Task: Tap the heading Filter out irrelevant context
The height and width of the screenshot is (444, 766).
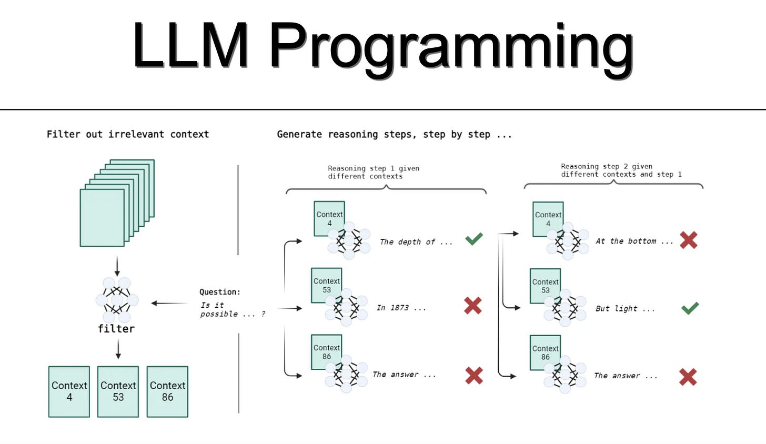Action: click(x=127, y=134)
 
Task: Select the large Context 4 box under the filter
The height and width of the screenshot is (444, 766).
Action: click(x=69, y=391)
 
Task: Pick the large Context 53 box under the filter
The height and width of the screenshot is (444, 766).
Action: click(x=118, y=391)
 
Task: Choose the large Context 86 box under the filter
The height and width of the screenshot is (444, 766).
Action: click(x=167, y=391)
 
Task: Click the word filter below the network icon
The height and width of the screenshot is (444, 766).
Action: click(x=116, y=329)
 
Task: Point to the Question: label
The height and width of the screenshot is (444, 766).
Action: click(x=219, y=292)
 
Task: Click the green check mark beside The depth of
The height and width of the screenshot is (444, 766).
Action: click(x=474, y=239)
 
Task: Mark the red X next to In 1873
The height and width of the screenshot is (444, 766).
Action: click(x=473, y=306)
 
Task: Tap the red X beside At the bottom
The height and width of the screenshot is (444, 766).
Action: click(x=688, y=240)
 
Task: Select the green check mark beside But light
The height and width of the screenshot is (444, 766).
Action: click(x=690, y=308)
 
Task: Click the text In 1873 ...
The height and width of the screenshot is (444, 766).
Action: click(x=401, y=308)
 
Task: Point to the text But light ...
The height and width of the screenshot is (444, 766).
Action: click(x=625, y=309)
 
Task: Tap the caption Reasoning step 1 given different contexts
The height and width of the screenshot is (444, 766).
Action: click(x=374, y=172)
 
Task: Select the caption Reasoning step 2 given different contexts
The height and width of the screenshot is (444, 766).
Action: click(x=621, y=170)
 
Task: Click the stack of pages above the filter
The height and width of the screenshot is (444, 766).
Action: click(x=117, y=203)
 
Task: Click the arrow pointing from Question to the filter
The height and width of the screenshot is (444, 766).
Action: click(x=169, y=303)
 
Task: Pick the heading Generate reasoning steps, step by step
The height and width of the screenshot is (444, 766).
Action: click(x=394, y=134)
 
